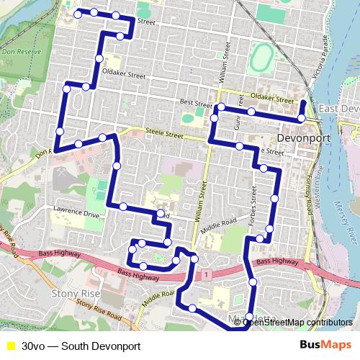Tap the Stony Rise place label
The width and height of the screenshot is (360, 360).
pyautogui.click(x=75, y=294)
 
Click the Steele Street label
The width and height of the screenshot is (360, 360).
pyautogui.click(x=164, y=133)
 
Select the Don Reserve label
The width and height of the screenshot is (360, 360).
pyautogui.click(x=19, y=52)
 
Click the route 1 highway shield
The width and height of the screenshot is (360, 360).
pyautogui.click(x=206, y=274)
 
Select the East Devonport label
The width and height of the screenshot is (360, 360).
pyautogui.click(x=339, y=108)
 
